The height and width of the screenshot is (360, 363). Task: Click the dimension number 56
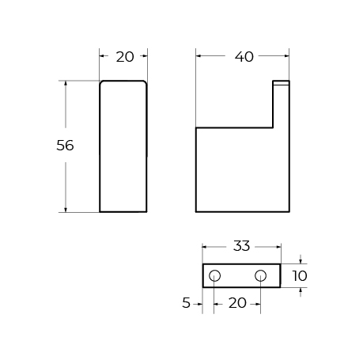(66, 146)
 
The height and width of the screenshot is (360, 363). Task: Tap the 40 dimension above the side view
(244, 56)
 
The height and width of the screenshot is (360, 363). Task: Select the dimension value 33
(241, 246)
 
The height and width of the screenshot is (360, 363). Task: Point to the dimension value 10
(299, 276)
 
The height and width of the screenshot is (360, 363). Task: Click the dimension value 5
(187, 302)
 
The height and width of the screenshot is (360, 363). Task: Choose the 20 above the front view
(125, 56)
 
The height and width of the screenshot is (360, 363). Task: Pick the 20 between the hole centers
(236, 302)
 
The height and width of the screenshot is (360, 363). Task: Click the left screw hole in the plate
(214, 275)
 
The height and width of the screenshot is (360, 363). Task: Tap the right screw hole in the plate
(260, 275)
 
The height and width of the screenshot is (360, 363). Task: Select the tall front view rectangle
(123, 146)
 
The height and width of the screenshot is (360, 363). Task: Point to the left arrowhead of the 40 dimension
(199, 56)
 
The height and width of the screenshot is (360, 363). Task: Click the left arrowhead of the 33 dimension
(206, 246)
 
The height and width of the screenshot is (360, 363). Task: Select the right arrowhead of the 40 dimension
(288, 56)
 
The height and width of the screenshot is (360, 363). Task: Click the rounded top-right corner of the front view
(145, 82)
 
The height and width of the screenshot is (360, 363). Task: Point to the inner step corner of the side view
(274, 128)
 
